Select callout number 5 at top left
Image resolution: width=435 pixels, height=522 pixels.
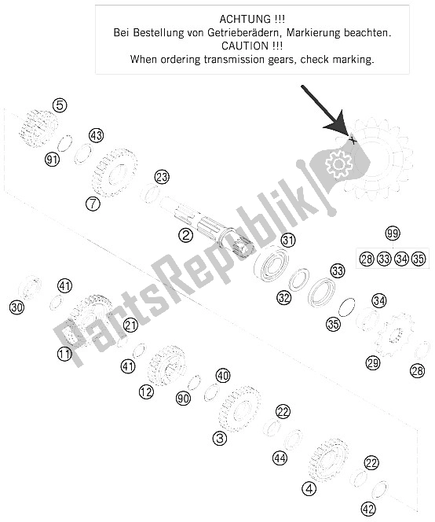(x=60, y=105)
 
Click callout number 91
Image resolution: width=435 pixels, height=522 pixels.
(x=52, y=160)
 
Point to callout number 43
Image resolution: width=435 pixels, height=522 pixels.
(x=96, y=135)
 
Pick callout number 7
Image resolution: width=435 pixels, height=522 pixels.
(x=93, y=204)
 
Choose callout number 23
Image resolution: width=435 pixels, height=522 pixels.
(x=162, y=177)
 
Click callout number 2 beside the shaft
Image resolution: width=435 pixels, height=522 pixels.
(x=185, y=235)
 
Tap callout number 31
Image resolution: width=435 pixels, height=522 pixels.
(x=288, y=240)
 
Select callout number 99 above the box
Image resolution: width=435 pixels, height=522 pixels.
(x=393, y=233)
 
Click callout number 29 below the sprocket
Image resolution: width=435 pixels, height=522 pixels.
(x=373, y=362)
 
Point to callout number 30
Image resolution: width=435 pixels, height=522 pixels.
(x=17, y=307)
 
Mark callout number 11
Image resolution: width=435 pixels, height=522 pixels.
(x=64, y=354)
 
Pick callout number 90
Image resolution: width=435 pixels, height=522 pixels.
(x=183, y=398)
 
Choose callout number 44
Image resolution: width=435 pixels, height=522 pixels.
(x=280, y=458)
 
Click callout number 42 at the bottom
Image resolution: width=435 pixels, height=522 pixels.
(x=368, y=509)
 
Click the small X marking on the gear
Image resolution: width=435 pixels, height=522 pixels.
(x=353, y=141)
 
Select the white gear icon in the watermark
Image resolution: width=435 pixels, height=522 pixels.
(x=338, y=164)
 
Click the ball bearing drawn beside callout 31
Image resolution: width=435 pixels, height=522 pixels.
(x=272, y=264)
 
